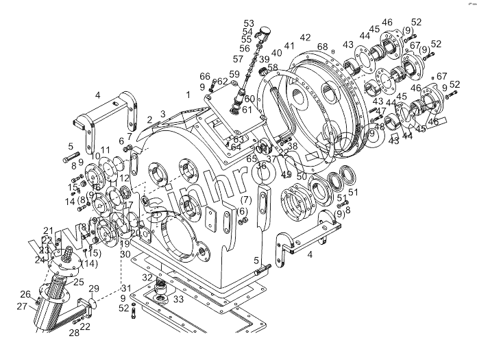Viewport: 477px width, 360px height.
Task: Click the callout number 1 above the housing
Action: (x=187, y=94)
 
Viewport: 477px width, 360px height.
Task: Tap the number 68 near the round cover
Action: (x=322, y=47)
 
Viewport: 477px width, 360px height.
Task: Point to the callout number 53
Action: (x=248, y=23)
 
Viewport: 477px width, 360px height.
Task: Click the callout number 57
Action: (x=238, y=60)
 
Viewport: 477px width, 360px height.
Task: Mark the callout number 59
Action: (x=234, y=74)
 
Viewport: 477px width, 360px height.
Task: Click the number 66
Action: (x=204, y=75)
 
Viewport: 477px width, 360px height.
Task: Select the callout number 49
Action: (x=286, y=175)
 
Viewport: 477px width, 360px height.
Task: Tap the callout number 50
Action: (x=302, y=177)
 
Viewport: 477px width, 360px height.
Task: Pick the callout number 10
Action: (x=95, y=157)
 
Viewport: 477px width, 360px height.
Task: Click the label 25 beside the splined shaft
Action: (x=79, y=282)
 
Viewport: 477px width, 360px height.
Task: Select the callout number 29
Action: (x=95, y=289)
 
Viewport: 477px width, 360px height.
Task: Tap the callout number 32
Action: (x=147, y=276)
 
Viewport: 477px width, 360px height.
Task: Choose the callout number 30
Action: (x=125, y=254)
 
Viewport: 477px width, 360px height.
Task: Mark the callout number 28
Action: (x=73, y=333)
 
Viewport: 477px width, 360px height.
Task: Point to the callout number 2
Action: (x=149, y=120)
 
